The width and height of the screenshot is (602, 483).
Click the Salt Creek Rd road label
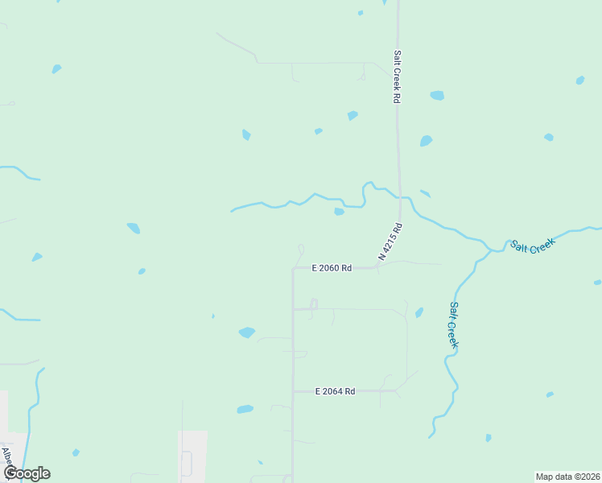point(397,77)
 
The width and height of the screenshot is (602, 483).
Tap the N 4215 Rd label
point(390,242)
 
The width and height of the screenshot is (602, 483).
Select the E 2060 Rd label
point(332,268)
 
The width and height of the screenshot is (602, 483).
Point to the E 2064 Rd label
point(335,391)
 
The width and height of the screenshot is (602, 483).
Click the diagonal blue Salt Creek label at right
point(533,246)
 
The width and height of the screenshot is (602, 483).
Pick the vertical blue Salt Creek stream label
point(455,324)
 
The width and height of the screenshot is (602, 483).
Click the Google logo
point(26,473)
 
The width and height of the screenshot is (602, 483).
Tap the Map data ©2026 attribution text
point(567,476)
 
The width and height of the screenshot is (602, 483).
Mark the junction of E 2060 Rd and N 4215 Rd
point(378,267)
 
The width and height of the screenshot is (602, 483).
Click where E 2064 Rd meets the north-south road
point(293,391)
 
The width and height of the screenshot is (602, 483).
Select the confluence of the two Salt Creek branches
point(491,250)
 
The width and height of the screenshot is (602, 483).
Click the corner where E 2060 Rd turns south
point(293,268)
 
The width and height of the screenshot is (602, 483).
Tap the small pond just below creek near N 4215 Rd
point(339,212)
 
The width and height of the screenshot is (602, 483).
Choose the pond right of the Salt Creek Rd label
point(437,95)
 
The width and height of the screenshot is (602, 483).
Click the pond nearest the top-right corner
point(579,80)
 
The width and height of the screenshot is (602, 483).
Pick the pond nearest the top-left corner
point(56,69)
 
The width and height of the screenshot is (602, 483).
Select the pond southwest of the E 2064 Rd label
point(245,410)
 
